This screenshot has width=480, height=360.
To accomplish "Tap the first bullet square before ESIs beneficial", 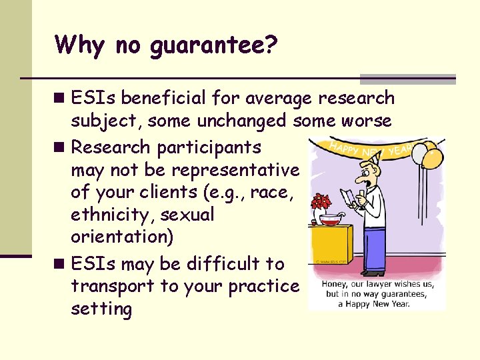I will coord(61,99).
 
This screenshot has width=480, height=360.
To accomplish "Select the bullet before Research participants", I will coord(61,147).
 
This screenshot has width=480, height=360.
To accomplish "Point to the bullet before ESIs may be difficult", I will coord(61,264).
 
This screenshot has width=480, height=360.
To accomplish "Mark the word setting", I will coord(101,309).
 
